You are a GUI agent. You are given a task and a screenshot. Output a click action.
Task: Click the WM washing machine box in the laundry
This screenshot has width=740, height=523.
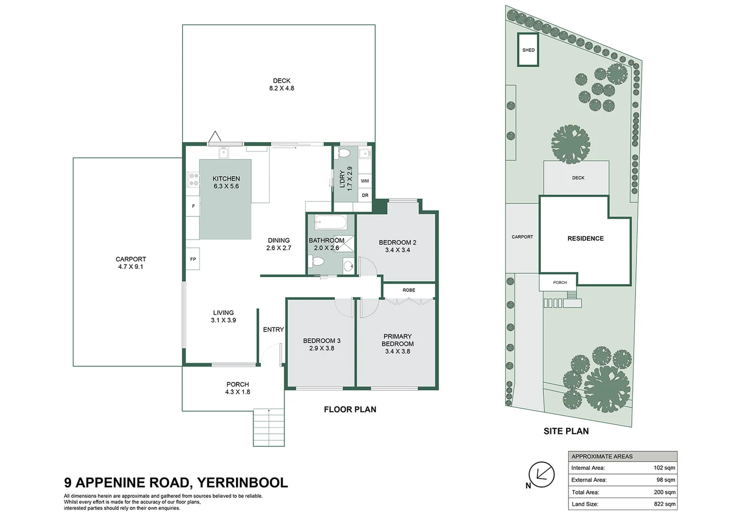[x=365, y=181]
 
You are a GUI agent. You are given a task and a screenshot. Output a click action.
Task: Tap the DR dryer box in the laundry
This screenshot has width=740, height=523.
[x=365, y=195]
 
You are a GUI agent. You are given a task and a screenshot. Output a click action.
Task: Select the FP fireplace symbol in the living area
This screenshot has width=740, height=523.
[x=193, y=259]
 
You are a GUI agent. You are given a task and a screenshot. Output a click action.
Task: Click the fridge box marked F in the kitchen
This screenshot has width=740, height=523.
[x=193, y=206]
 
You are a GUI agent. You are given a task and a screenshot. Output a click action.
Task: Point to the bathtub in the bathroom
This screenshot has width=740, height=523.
[x=330, y=222]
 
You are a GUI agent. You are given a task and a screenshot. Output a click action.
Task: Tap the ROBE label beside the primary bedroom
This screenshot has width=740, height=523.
[x=409, y=290]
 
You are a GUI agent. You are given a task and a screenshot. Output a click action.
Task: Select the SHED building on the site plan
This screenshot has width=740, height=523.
[x=528, y=49]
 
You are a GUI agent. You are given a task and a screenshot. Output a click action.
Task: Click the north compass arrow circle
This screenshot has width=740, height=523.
[x=541, y=475]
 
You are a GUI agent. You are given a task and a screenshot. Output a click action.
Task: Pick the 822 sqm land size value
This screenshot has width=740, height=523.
[x=664, y=504]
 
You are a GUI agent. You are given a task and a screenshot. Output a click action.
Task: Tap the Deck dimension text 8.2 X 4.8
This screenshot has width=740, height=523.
[x=281, y=88]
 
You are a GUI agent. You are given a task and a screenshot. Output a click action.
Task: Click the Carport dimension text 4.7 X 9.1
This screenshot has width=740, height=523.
[x=131, y=267]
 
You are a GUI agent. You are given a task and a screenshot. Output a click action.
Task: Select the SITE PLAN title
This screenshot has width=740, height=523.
[x=566, y=431]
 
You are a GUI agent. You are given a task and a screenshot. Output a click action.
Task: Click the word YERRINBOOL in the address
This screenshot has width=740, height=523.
[x=243, y=483]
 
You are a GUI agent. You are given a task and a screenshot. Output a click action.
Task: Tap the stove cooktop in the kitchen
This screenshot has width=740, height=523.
[x=193, y=179]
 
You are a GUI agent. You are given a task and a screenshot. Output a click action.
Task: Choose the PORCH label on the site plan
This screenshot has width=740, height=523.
[x=560, y=282]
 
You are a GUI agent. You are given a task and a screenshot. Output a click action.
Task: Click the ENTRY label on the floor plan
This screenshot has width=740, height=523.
[x=273, y=329]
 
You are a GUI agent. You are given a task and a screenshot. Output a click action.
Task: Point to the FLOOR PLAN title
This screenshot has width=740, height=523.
[x=350, y=409]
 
